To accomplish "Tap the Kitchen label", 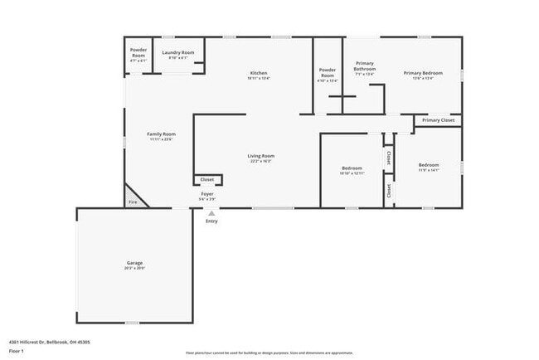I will [259, 73].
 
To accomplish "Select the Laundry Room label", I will [177, 53].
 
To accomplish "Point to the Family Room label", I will [162, 134].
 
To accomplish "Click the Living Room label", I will [260, 156].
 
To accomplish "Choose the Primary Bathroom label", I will [365, 66].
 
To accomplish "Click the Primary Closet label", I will [438, 121].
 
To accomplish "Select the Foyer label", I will [207, 194].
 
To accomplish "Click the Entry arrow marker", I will [211, 212].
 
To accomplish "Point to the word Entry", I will [211, 221].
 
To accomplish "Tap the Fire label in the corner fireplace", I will [132, 202].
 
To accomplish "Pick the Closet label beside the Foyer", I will [207, 179].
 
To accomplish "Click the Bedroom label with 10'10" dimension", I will [352, 168].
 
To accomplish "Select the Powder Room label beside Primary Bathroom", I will [328, 71].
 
